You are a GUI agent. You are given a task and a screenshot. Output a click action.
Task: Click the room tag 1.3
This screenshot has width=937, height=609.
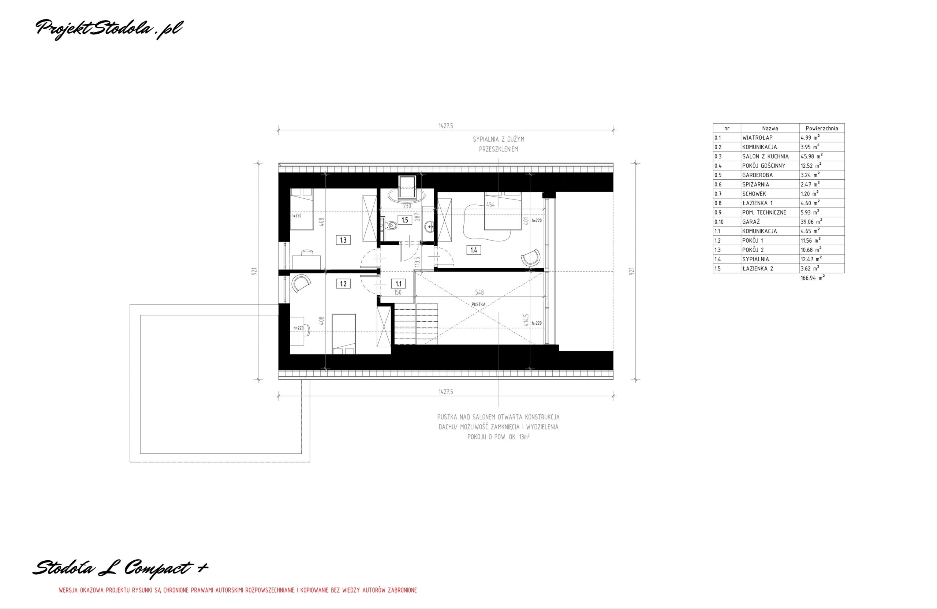(343, 240)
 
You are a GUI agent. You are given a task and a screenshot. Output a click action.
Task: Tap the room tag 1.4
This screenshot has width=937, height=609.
(474, 249)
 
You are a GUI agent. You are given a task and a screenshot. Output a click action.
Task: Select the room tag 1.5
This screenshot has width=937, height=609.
(405, 220)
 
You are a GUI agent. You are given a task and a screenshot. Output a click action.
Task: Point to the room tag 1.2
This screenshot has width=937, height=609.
(343, 283)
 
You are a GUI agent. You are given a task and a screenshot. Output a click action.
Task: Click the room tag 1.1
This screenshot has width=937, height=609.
(399, 283)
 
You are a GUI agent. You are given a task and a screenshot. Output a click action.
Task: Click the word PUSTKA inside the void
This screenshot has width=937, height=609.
(478, 304)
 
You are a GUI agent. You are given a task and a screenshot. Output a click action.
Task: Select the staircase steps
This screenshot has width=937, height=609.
(416, 324)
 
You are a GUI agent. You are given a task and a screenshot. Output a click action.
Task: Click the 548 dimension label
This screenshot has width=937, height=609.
(479, 292)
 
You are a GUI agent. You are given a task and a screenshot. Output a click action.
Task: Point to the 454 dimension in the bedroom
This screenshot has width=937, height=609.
(490, 205)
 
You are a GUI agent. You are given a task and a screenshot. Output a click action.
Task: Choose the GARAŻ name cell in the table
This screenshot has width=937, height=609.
(751, 222)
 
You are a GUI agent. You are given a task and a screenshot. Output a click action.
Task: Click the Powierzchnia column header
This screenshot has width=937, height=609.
(822, 128)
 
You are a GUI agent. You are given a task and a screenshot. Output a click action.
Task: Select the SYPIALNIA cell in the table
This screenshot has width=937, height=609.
(755, 259)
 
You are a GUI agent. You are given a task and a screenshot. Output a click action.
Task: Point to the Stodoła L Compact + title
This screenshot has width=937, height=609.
(120, 567)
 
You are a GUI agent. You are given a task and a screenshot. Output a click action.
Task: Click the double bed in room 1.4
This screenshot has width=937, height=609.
(503, 210)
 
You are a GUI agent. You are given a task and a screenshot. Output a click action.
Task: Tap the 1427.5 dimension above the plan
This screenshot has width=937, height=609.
(446, 126)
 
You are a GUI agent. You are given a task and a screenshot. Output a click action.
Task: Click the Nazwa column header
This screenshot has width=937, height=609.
(770, 128)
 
